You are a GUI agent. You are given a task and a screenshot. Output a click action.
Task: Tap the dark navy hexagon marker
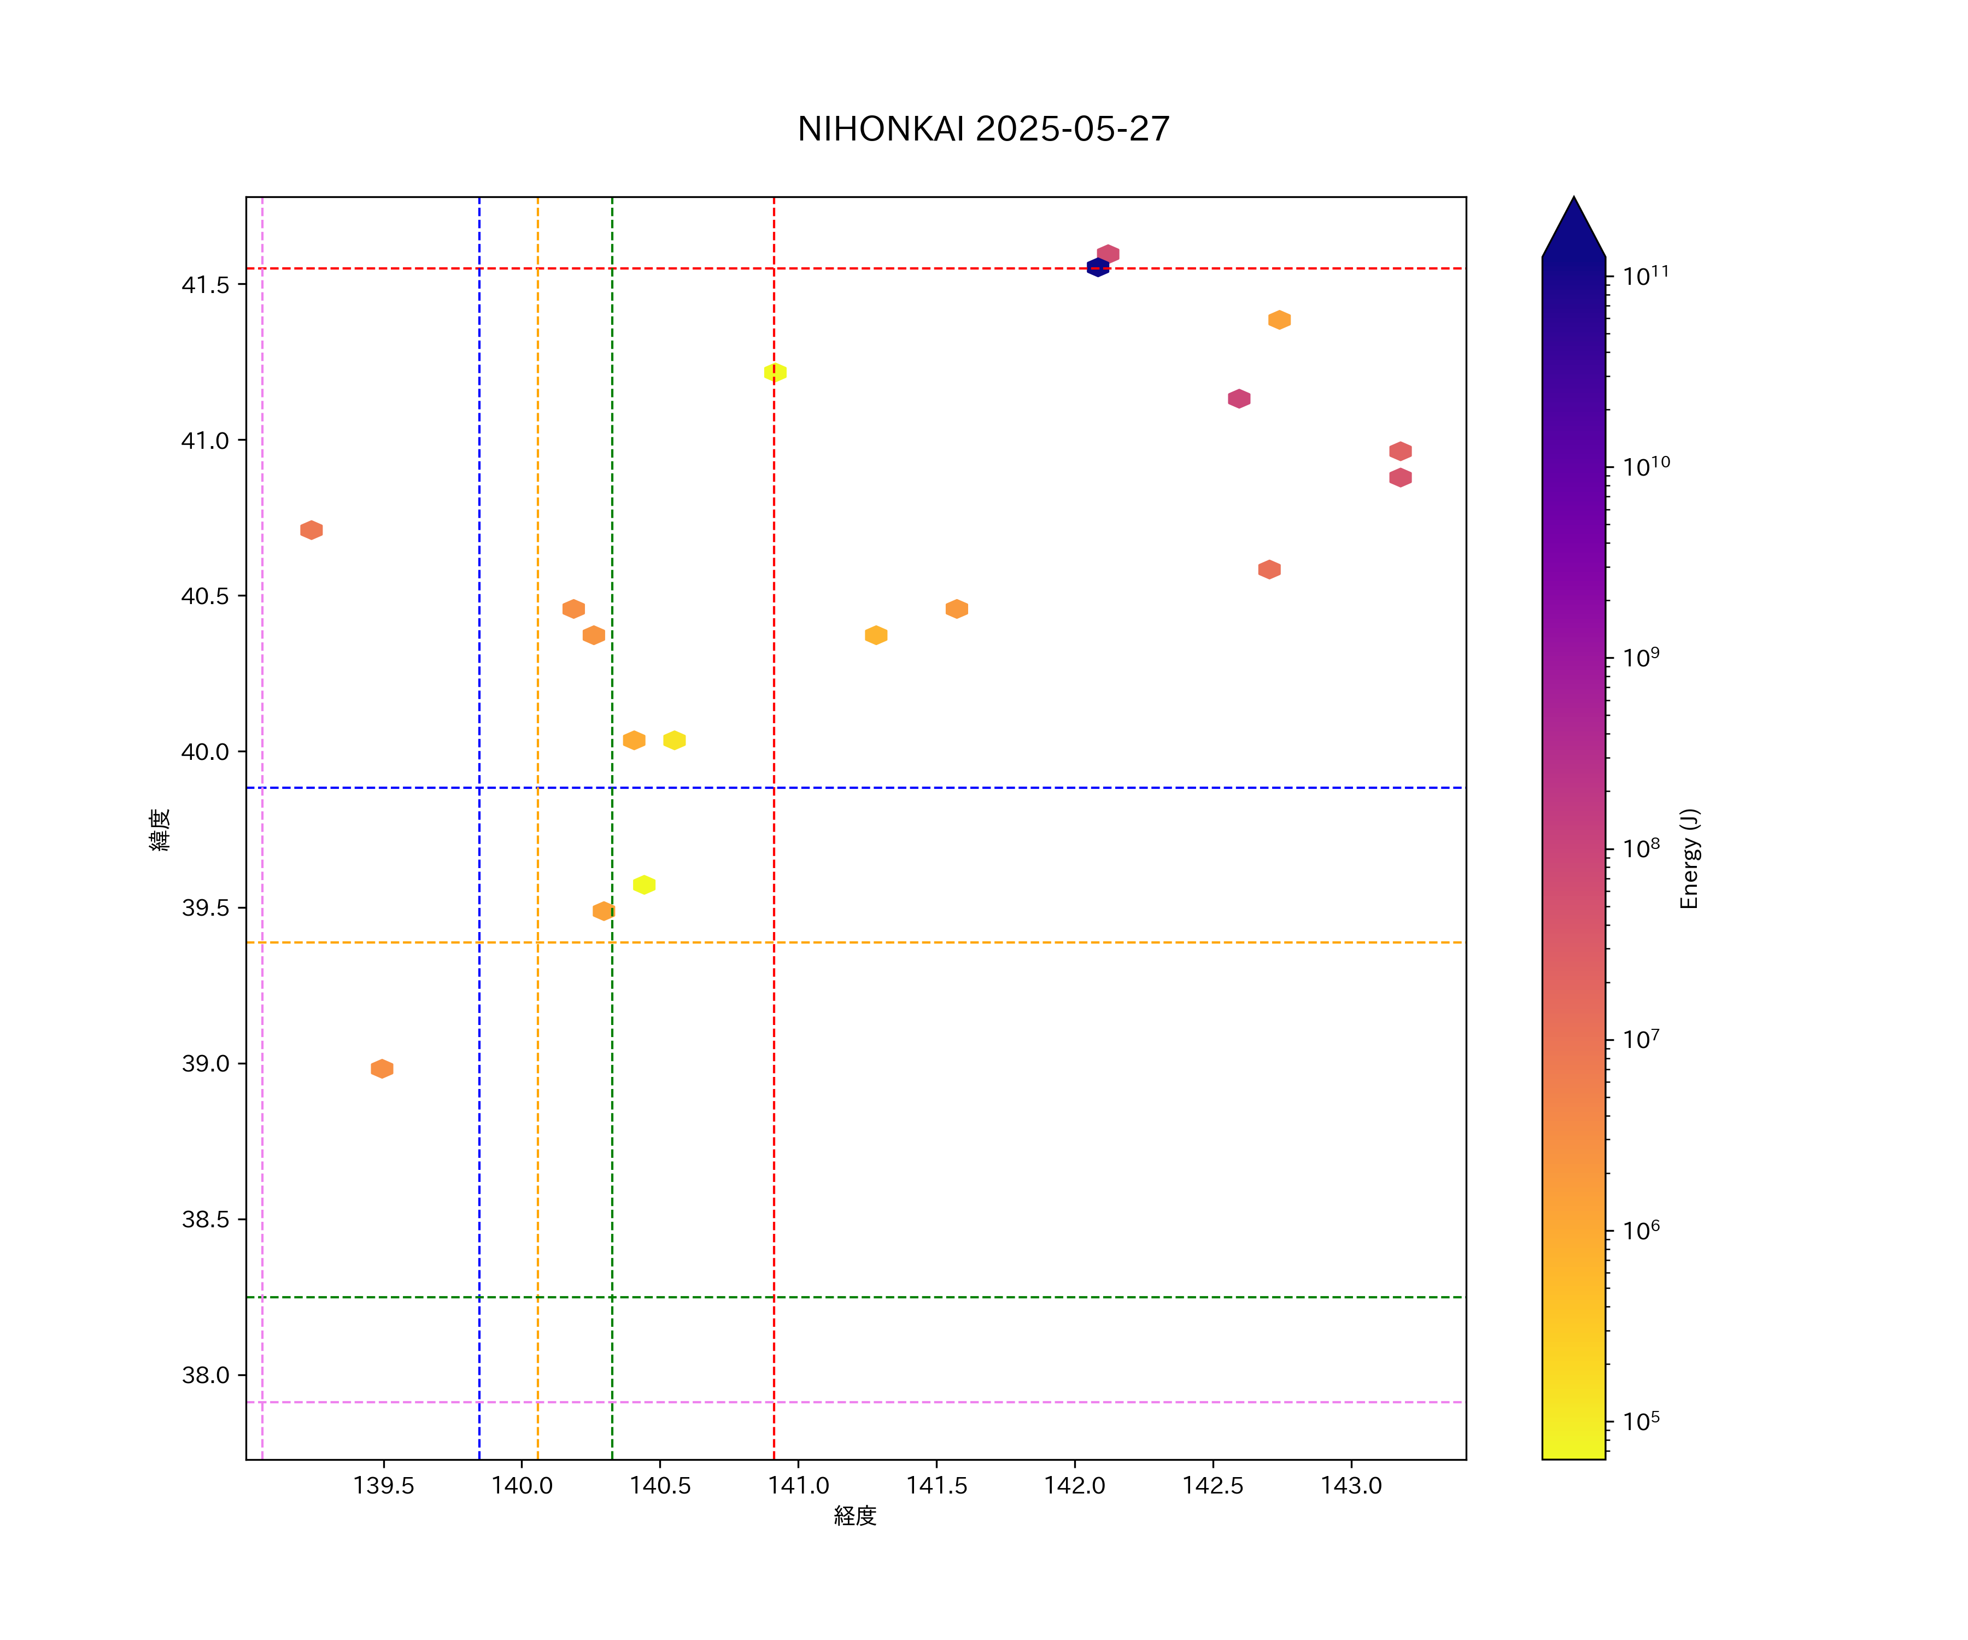[x=1097, y=267]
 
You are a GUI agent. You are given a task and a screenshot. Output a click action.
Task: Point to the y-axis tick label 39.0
[x=205, y=1064]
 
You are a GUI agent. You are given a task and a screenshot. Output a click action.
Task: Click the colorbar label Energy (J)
[x=1689, y=858]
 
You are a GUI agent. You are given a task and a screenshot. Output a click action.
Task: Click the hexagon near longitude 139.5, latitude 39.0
[x=382, y=1068]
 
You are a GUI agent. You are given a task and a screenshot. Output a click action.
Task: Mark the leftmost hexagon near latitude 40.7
[x=311, y=530]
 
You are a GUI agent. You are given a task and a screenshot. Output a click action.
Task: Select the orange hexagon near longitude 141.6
[x=956, y=609]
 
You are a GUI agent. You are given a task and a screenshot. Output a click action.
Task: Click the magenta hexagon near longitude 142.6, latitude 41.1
[x=1239, y=399]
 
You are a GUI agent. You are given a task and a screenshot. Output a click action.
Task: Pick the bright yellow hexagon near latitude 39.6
[x=644, y=885]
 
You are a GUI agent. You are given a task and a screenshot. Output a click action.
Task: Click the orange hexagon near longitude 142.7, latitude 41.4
[x=1279, y=320]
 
